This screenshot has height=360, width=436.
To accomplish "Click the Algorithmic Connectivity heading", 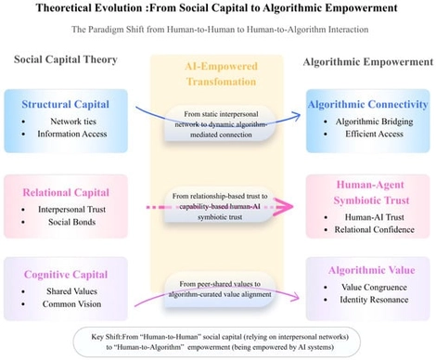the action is click(369, 105).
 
